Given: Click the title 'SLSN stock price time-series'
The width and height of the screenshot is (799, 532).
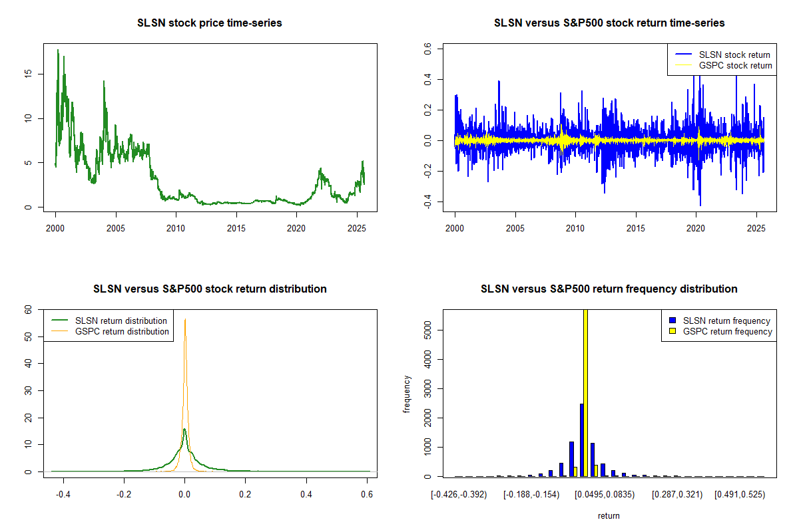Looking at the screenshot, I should coord(210,23).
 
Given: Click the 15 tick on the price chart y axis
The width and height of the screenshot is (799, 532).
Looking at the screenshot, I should coord(38,74).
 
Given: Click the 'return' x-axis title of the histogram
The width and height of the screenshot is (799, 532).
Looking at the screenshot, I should coord(609,515).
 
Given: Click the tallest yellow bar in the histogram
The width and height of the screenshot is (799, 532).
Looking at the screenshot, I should coord(586,392).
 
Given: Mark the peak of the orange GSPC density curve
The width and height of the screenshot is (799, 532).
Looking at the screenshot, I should coord(185,319).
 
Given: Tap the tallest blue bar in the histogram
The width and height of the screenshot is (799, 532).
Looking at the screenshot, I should coord(581,440).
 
